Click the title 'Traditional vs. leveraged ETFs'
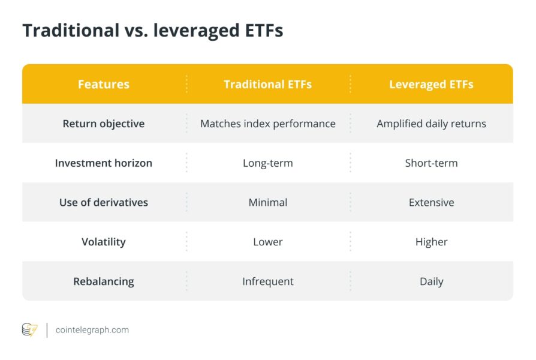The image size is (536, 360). [152, 31]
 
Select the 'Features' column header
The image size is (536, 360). [104, 85]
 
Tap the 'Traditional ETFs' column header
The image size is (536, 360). [268, 85]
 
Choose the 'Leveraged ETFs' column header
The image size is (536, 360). [431, 85]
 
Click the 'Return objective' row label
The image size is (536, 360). [104, 124]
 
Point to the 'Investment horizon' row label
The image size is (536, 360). [104, 163]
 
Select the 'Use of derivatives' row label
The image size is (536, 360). [104, 202]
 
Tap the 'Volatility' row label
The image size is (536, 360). [104, 242]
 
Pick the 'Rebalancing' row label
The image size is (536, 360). [104, 281]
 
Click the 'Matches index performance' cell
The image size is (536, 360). [268, 124]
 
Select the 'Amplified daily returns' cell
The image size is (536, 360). [431, 124]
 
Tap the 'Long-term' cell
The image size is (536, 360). [268, 163]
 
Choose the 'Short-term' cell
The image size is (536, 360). [431, 163]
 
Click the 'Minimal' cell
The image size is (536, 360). [268, 202]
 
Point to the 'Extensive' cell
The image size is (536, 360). [431, 202]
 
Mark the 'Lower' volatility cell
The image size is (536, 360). [268, 242]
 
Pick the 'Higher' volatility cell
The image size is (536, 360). [431, 242]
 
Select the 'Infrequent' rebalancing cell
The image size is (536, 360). [268, 281]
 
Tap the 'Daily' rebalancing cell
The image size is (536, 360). [431, 281]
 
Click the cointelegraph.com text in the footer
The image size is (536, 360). [92, 330]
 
